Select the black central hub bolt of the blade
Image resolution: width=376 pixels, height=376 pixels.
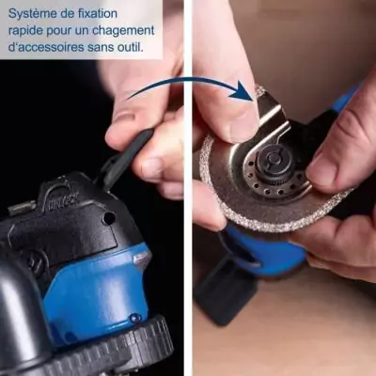pos(270,159)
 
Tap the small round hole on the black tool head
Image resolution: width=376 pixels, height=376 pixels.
pos(109,218)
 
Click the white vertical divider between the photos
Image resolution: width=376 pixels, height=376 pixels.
pos(187,188)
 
